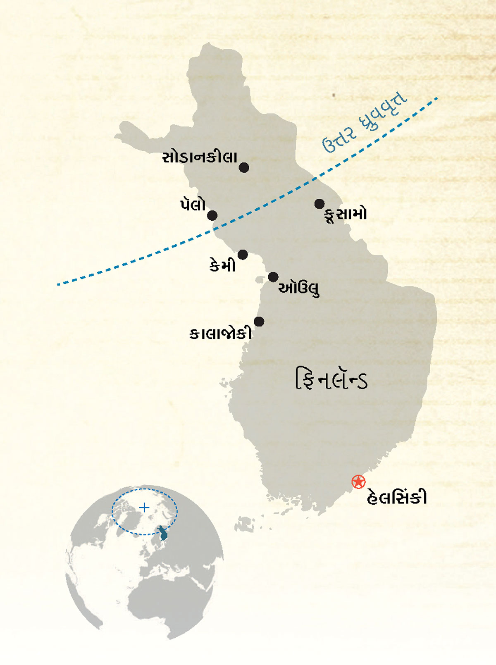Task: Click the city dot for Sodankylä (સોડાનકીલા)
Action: (244, 167)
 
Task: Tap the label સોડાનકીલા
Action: (200, 157)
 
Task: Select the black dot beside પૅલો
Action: (212, 215)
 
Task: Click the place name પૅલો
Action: (193, 204)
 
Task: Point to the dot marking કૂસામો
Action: (319, 204)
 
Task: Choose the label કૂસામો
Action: (346, 215)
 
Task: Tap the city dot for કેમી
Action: (243, 255)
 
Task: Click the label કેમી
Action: (222, 265)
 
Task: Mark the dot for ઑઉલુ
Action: (273, 277)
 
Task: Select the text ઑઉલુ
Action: (299, 288)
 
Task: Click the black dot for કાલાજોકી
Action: (259, 322)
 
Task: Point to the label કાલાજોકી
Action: (220, 334)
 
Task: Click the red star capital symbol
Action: (358, 482)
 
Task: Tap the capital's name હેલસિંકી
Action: (397, 497)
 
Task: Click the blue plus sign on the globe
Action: (144, 507)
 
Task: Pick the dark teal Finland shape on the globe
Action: (163, 533)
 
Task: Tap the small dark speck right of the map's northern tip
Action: (334, 95)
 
